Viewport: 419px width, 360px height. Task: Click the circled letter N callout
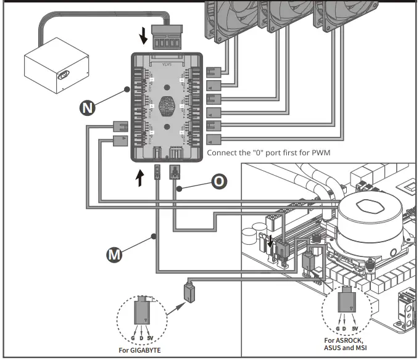click(x=89, y=108)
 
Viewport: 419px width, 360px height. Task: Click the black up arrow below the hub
click(x=141, y=178)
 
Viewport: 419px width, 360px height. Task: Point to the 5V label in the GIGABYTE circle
click(x=150, y=338)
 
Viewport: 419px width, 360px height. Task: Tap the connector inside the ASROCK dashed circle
click(x=347, y=303)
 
